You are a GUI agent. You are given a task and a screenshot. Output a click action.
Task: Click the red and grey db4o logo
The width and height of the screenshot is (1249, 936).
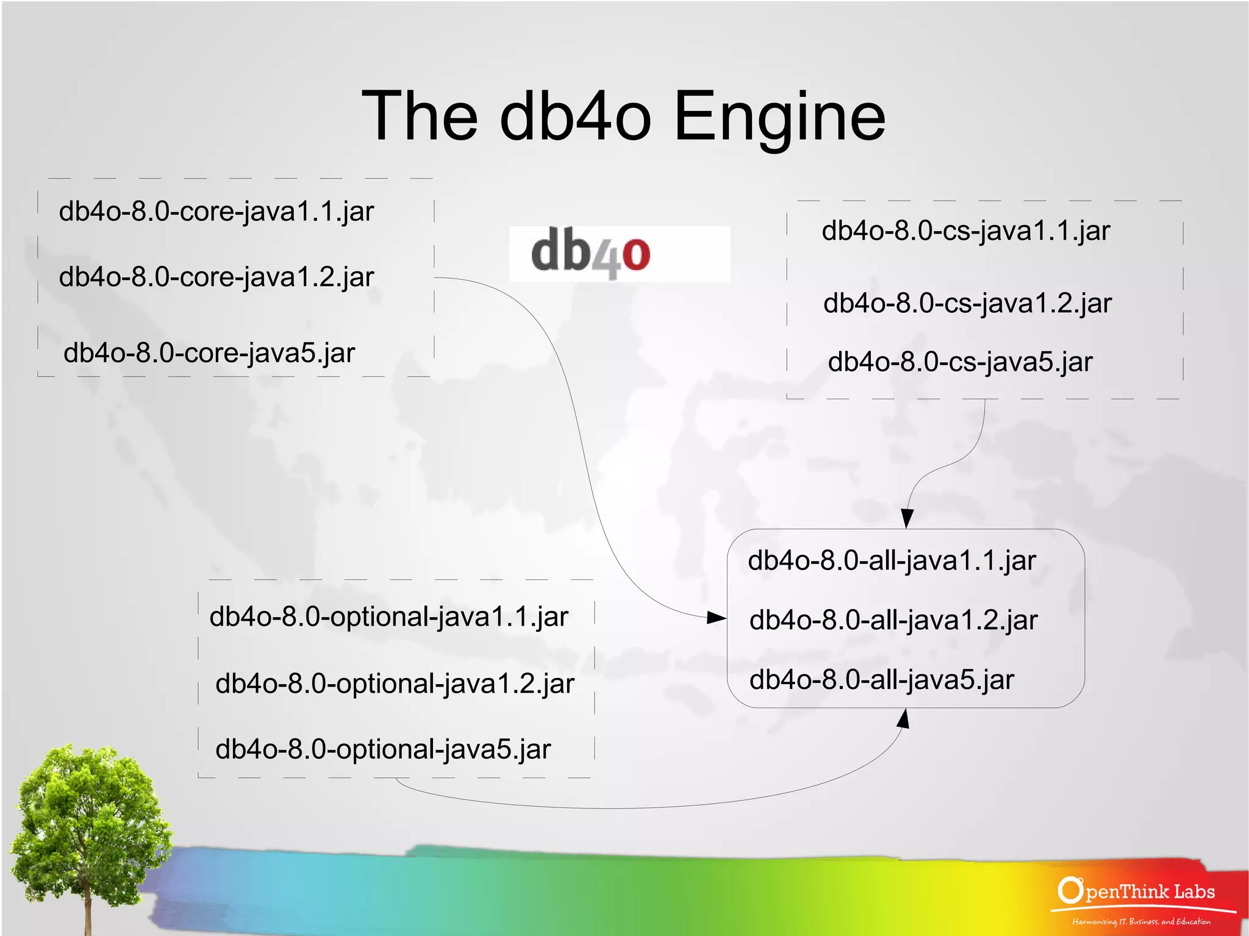[591, 253]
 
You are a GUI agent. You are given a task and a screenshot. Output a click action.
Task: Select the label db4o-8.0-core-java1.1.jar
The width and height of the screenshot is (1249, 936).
[217, 212]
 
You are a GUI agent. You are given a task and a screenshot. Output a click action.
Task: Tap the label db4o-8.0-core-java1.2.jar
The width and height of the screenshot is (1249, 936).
[217, 277]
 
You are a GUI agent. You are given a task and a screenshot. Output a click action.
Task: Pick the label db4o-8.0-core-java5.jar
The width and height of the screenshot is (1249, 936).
[209, 353]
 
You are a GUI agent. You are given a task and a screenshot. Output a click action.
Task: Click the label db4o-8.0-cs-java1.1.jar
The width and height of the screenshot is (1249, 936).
[966, 231]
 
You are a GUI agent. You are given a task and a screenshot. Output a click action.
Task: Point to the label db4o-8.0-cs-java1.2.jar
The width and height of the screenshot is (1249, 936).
[967, 303]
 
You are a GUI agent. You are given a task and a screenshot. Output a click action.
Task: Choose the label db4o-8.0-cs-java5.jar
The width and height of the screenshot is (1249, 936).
[960, 362]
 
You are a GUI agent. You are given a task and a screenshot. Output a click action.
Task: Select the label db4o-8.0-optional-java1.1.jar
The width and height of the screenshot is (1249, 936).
[389, 617]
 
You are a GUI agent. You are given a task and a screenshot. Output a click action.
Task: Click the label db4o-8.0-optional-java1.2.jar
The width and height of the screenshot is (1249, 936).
[395, 684]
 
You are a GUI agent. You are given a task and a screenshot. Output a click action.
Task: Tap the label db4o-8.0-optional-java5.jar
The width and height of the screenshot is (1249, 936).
[383, 749]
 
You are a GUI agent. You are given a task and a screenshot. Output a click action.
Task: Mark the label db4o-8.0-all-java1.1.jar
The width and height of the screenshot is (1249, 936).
[892, 560]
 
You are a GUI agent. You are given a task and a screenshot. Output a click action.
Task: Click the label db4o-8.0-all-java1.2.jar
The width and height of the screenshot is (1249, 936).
[893, 620]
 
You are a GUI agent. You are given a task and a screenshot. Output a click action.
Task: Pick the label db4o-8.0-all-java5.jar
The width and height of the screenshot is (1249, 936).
[882, 680]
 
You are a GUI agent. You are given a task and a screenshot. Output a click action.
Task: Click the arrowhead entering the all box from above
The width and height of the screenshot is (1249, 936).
[907, 518]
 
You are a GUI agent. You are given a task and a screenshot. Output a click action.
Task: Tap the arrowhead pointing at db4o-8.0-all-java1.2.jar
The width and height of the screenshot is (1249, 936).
[717, 618]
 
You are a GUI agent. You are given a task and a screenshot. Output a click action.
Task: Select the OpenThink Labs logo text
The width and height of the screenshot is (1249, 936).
[1137, 892]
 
